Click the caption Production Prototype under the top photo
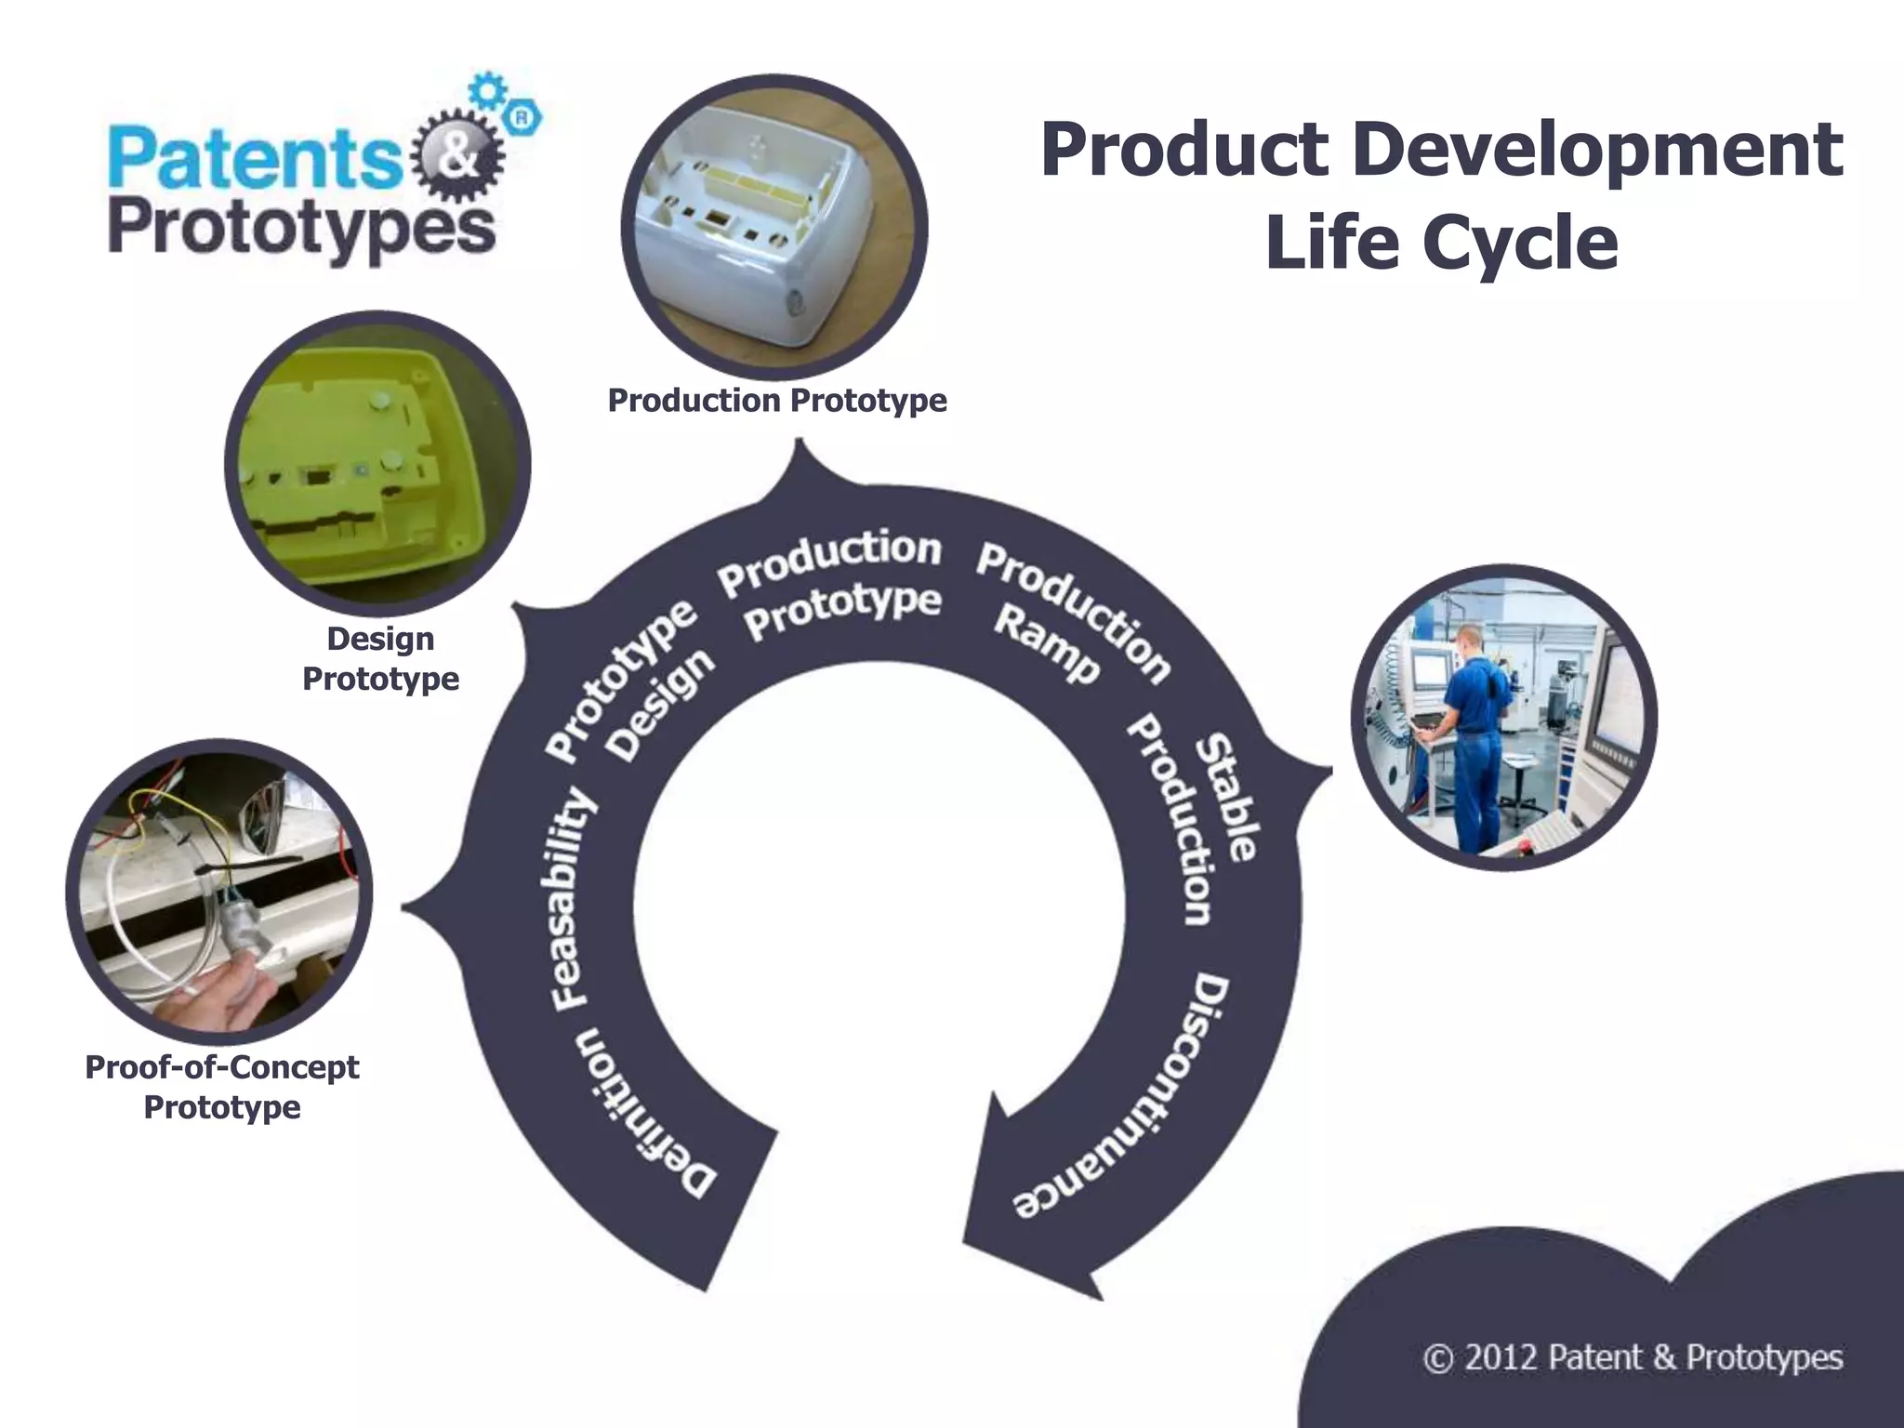(777, 401)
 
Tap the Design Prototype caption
(381, 658)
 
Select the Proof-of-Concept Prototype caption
(222, 1087)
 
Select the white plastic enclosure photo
(773, 228)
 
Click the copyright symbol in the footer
(1437, 1358)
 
